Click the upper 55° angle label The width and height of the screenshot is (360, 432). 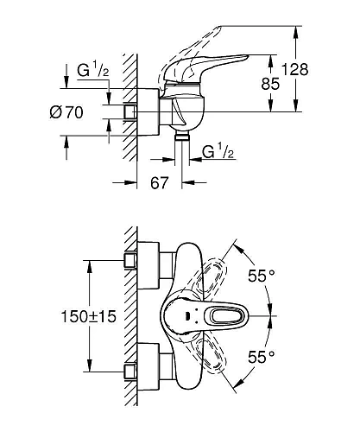pos(262,276)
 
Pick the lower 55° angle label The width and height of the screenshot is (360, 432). pos(262,355)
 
